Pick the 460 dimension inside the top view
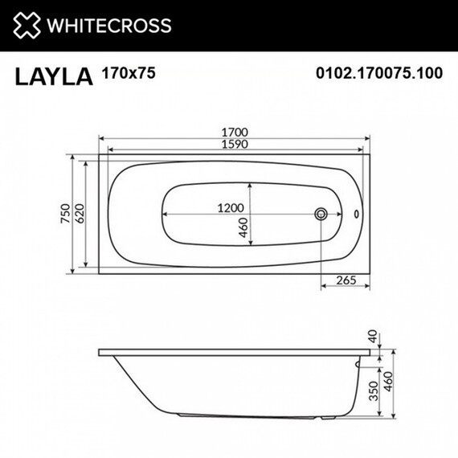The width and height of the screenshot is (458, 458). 255,229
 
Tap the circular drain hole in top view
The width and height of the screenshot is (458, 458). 321,215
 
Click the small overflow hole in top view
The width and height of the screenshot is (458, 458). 357,215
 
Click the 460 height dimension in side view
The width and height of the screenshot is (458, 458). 393,383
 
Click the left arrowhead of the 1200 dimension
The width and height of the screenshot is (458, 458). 166,215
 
